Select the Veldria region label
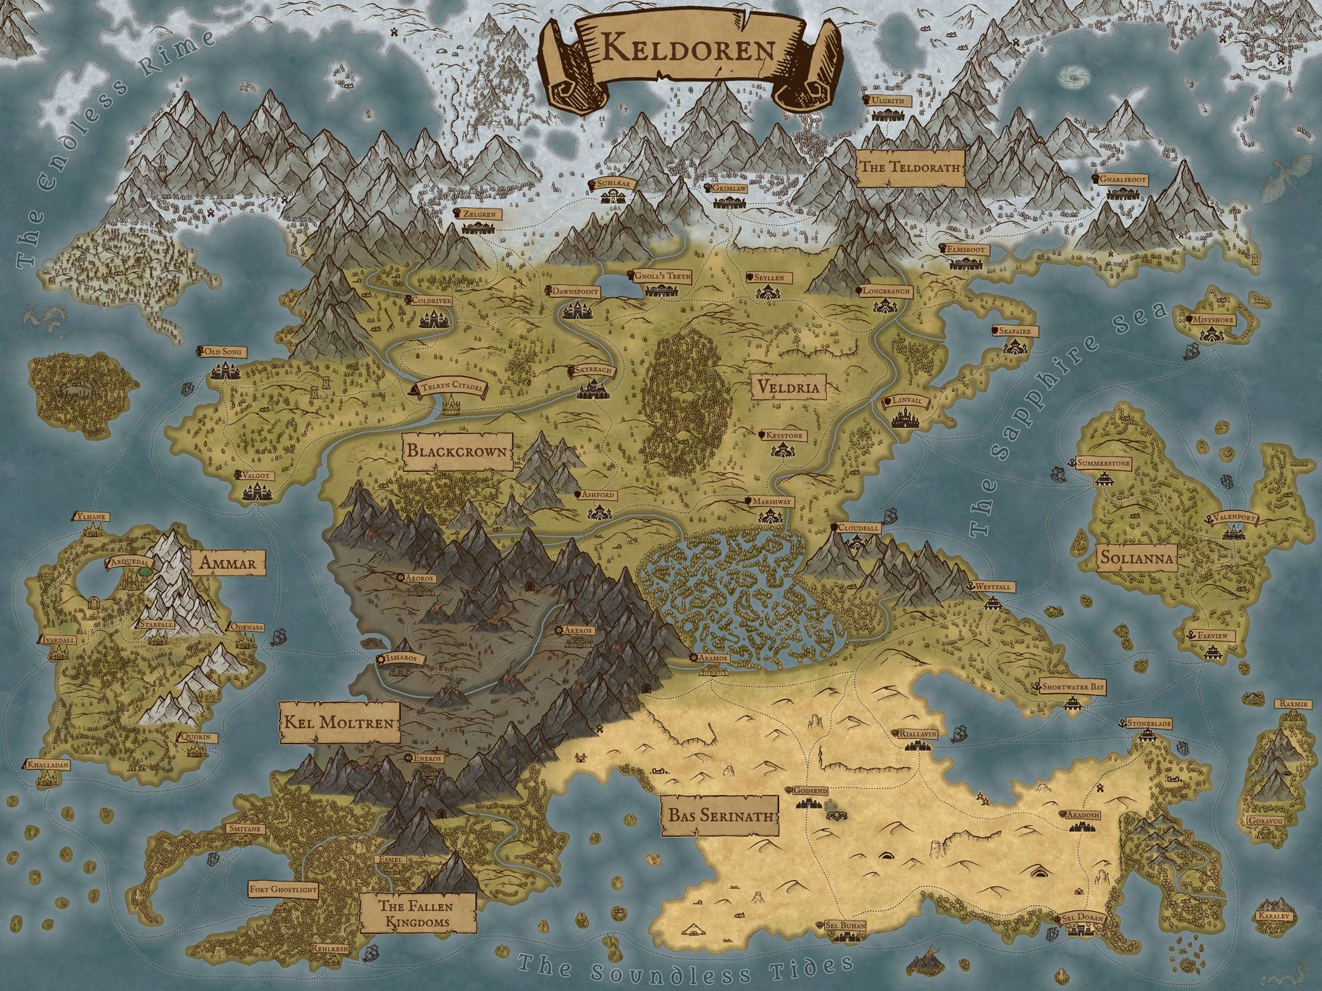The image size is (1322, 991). (784, 385)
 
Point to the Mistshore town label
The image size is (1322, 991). (1210, 320)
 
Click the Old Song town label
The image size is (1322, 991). (224, 352)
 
